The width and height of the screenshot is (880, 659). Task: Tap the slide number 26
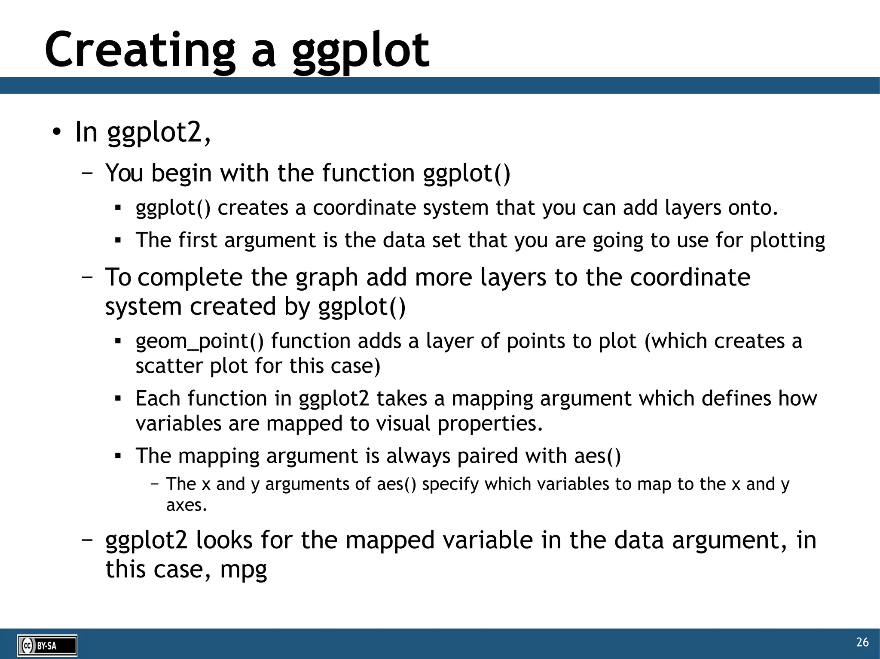tap(862, 642)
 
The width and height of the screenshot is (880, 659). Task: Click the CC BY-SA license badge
tap(47, 646)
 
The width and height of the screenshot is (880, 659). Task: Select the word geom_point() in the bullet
tap(199, 341)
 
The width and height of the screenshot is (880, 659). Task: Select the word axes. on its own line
tap(186, 505)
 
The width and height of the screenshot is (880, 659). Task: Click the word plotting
tap(787, 240)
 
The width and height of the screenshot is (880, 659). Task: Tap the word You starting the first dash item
tap(124, 173)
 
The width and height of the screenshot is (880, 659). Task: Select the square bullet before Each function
tap(118, 399)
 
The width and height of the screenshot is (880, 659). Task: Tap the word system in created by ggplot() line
tap(143, 307)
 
